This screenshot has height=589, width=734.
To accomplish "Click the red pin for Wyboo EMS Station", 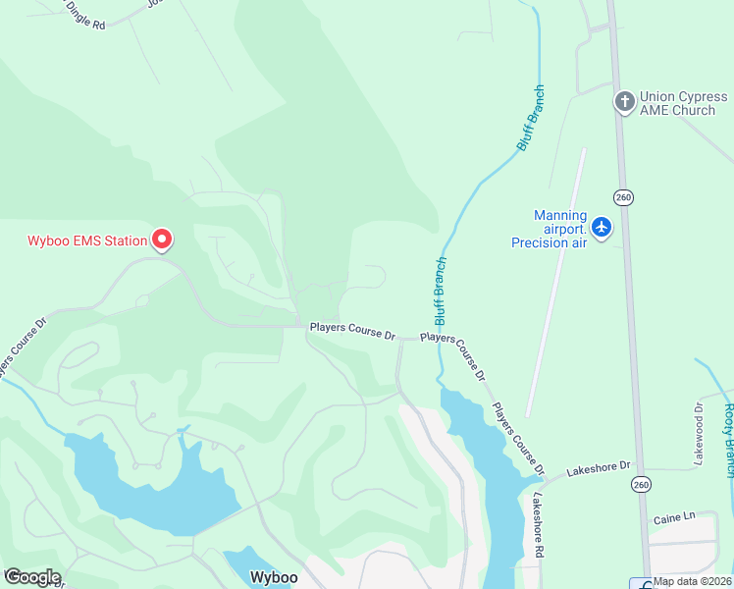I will pyautogui.click(x=162, y=240).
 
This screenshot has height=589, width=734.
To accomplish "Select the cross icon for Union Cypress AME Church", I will pyautogui.click(x=624, y=102).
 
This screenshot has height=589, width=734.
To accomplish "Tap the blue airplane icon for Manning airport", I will pyautogui.click(x=602, y=228).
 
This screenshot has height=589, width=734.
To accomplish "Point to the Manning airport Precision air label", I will pyautogui.click(x=549, y=229).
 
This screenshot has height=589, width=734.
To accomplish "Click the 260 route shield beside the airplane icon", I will pyautogui.click(x=624, y=197).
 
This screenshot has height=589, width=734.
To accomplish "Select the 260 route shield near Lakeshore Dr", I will pyautogui.click(x=641, y=484).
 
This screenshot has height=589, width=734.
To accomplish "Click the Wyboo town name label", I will pyautogui.click(x=273, y=577).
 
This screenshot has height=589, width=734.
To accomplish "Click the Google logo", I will pyautogui.click(x=31, y=577).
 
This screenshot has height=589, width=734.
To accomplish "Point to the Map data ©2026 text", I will pyautogui.click(x=692, y=581).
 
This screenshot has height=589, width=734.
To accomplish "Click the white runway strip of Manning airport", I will pyautogui.click(x=556, y=285).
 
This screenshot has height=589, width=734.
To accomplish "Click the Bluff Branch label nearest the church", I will pyautogui.click(x=531, y=118).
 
